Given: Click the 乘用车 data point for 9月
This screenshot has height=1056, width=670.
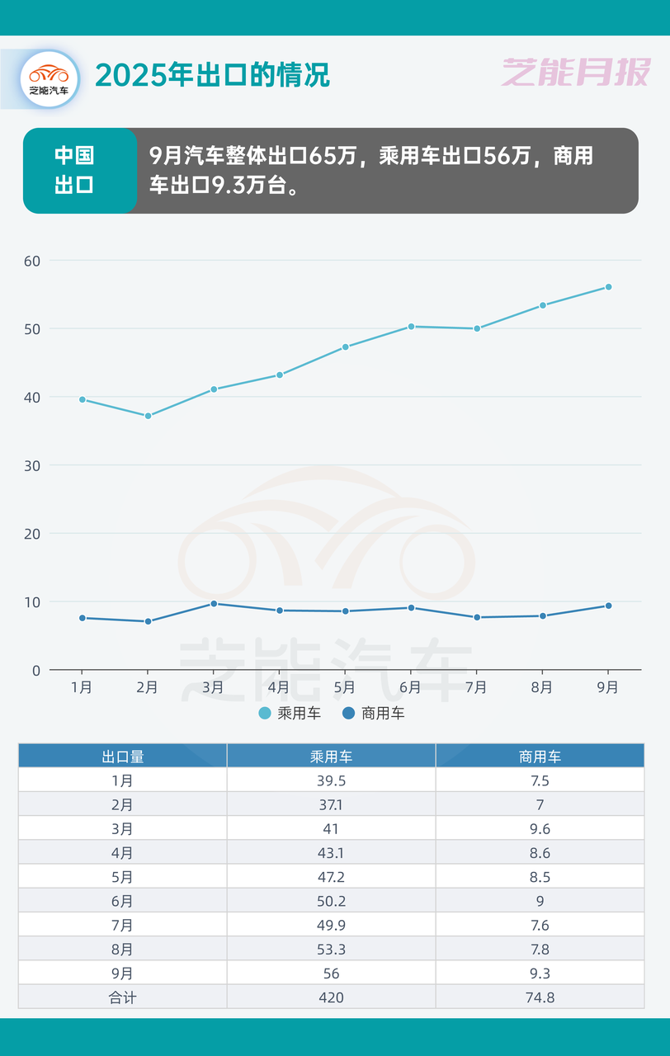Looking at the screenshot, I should pyautogui.click(x=608, y=287).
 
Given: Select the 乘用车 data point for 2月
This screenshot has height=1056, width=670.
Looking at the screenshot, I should pyautogui.click(x=148, y=416).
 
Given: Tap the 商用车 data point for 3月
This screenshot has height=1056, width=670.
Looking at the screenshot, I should pyautogui.click(x=214, y=604).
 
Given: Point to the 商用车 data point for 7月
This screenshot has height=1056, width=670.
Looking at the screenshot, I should pyautogui.click(x=477, y=617).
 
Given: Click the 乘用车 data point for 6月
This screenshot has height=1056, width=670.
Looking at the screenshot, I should pyautogui.click(x=411, y=327).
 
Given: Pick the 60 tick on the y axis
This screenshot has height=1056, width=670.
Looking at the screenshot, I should pyautogui.click(x=31, y=261).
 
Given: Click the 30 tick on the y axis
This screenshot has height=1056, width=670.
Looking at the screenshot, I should pyautogui.click(x=31, y=465).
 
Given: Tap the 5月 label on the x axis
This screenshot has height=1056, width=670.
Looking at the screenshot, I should pyautogui.click(x=345, y=687).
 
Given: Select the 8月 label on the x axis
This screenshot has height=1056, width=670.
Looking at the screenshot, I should pyautogui.click(x=542, y=687).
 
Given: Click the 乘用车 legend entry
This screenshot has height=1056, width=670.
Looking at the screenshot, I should pyautogui.click(x=290, y=714).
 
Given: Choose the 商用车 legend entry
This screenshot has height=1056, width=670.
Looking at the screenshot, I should pyautogui.click(x=374, y=714).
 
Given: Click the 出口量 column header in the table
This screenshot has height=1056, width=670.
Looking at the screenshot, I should pyautogui.click(x=123, y=757).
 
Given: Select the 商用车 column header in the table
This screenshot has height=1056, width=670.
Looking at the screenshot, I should pyautogui.click(x=540, y=757).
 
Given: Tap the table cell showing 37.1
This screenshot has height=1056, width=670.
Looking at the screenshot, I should pyautogui.click(x=331, y=804).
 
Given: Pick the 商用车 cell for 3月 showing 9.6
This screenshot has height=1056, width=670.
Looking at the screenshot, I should pyautogui.click(x=540, y=829).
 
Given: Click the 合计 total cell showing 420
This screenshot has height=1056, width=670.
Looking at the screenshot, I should pyautogui.click(x=331, y=997).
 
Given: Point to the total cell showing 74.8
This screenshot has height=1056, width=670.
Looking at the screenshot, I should pyautogui.click(x=540, y=997).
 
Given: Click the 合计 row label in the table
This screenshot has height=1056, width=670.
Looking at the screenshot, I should pyautogui.click(x=123, y=997).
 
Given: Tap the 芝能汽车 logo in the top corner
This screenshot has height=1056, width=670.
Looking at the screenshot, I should pyautogui.click(x=49, y=79).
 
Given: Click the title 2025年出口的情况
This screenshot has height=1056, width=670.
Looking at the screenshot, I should pyautogui.click(x=213, y=75).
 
